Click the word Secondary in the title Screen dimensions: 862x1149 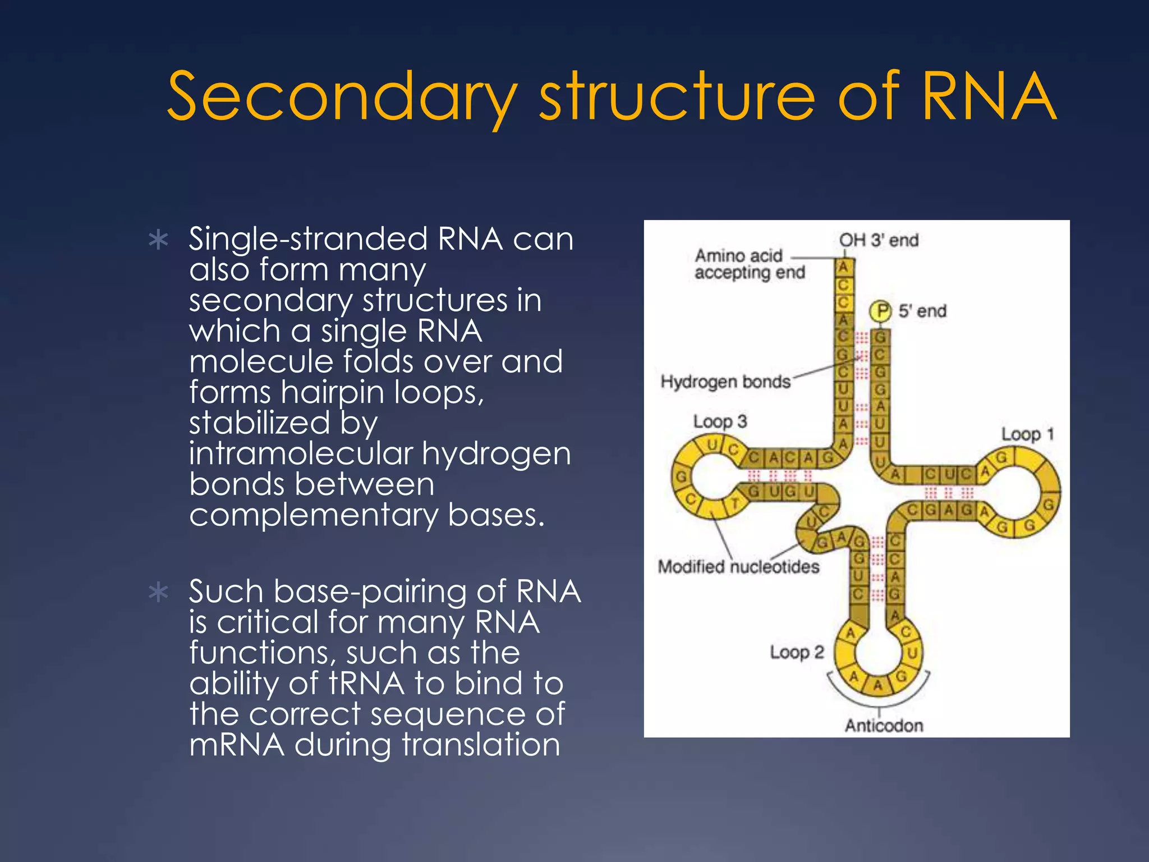(x=342, y=97)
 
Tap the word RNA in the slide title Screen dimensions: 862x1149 (x=989, y=97)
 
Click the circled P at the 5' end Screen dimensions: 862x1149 (x=881, y=310)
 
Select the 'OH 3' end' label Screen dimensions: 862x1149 (x=879, y=240)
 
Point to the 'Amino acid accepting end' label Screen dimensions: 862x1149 (x=749, y=264)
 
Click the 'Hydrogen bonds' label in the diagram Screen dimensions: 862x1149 (x=725, y=382)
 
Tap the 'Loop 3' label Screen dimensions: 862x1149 (x=720, y=421)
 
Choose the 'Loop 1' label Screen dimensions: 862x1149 (x=1027, y=434)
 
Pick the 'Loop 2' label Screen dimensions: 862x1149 (x=796, y=652)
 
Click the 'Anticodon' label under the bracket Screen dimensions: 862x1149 (x=884, y=726)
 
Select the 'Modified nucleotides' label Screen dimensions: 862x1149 (x=738, y=567)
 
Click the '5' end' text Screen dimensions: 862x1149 (x=922, y=311)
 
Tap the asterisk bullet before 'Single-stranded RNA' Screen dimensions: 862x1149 (x=159, y=240)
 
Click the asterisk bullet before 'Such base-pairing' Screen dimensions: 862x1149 (x=159, y=593)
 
